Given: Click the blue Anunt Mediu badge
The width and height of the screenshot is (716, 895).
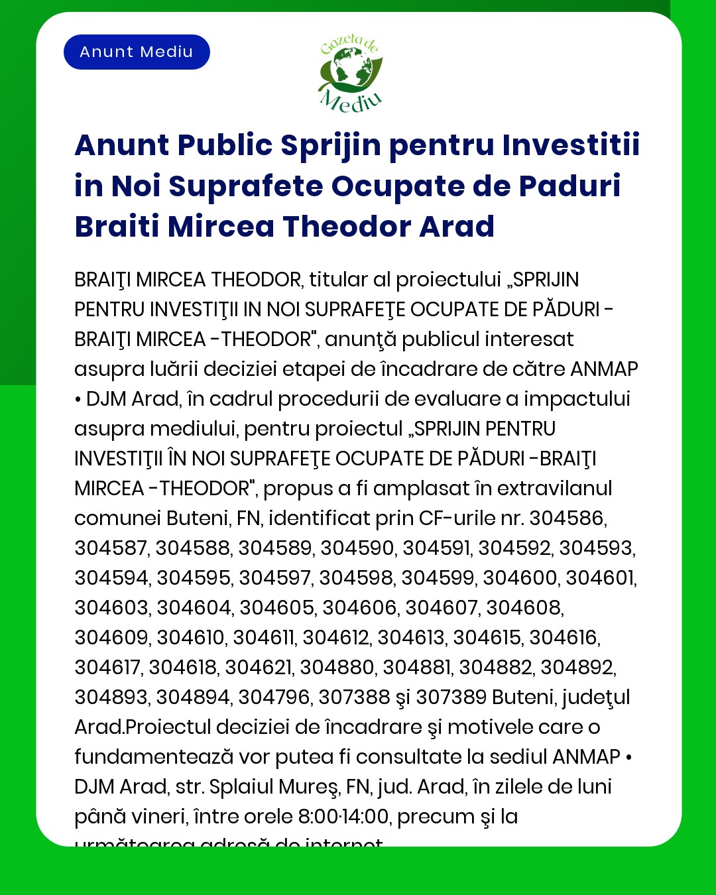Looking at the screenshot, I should click(x=137, y=52).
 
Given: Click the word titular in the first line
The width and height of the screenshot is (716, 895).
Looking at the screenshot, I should click(x=338, y=280).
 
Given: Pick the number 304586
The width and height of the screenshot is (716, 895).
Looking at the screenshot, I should click(x=567, y=518).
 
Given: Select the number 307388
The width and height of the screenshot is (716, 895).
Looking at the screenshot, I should click(x=354, y=697).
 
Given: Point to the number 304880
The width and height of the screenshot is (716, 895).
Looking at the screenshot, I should click(x=337, y=668).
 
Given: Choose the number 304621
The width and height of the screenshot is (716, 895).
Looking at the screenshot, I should click(x=259, y=668).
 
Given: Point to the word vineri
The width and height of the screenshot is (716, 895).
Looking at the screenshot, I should click(x=154, y=817).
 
